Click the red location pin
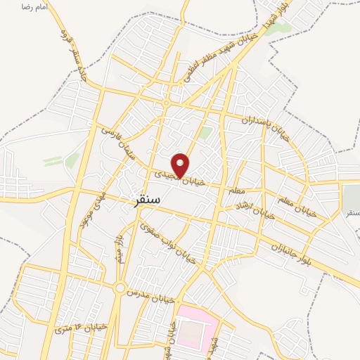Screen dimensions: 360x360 pos(181,165)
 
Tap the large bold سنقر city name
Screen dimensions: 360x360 pos(146,200)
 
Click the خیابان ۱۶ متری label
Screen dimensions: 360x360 pos(80,327)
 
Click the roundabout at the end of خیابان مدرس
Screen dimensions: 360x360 pos(120,288)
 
